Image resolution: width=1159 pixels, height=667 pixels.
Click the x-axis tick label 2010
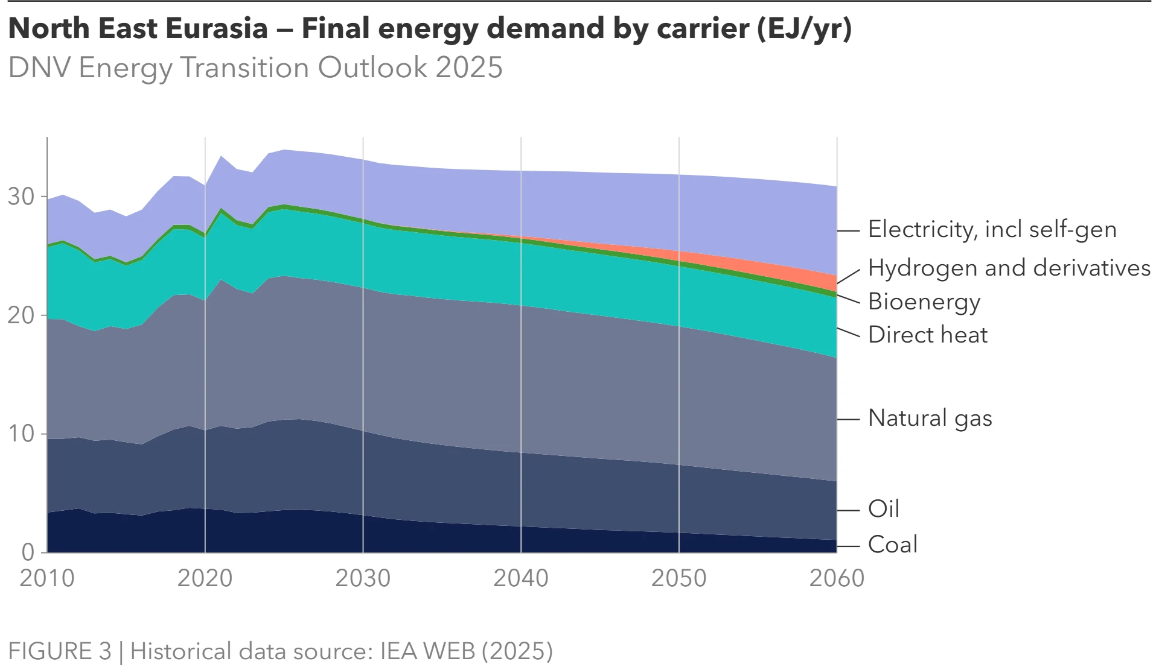pos(47,578)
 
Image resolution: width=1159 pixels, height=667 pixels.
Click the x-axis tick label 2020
pos(205,578)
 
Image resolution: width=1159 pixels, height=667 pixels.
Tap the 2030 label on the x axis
pos(363,578)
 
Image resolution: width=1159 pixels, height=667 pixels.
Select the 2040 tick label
pos(521,578)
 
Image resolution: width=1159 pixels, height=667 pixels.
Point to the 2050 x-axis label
pos(678,578)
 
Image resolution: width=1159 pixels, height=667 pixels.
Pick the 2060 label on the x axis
pos(837,578)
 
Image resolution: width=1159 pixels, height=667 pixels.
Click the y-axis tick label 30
pos(21,197)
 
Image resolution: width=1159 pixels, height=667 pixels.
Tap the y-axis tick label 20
pos(21,315)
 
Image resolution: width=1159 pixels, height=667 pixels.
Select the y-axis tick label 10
pos(21,434)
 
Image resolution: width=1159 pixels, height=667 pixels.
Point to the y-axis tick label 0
pos(28,552)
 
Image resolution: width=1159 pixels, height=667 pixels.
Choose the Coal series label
pos(892,545)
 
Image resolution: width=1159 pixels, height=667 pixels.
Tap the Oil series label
pos(883,509)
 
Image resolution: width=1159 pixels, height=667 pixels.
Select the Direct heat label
pos(927,335)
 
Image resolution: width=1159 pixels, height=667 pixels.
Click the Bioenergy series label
pos(924,302)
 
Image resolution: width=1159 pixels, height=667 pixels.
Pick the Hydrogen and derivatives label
pos(1009,268)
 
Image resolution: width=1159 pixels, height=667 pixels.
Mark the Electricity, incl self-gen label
pos(992,230)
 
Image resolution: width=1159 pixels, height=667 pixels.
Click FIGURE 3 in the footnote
pos(60,651)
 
